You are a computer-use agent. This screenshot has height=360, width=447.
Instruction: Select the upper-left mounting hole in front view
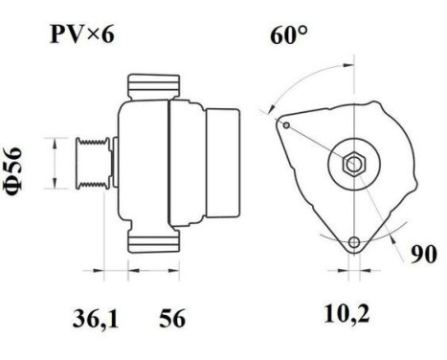click(284, 123)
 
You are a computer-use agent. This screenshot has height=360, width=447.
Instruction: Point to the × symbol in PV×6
click(93, 37)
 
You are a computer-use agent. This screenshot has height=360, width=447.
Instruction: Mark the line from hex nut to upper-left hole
click(319, 143)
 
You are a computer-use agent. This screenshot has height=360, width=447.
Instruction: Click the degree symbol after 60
click(303, 31)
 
